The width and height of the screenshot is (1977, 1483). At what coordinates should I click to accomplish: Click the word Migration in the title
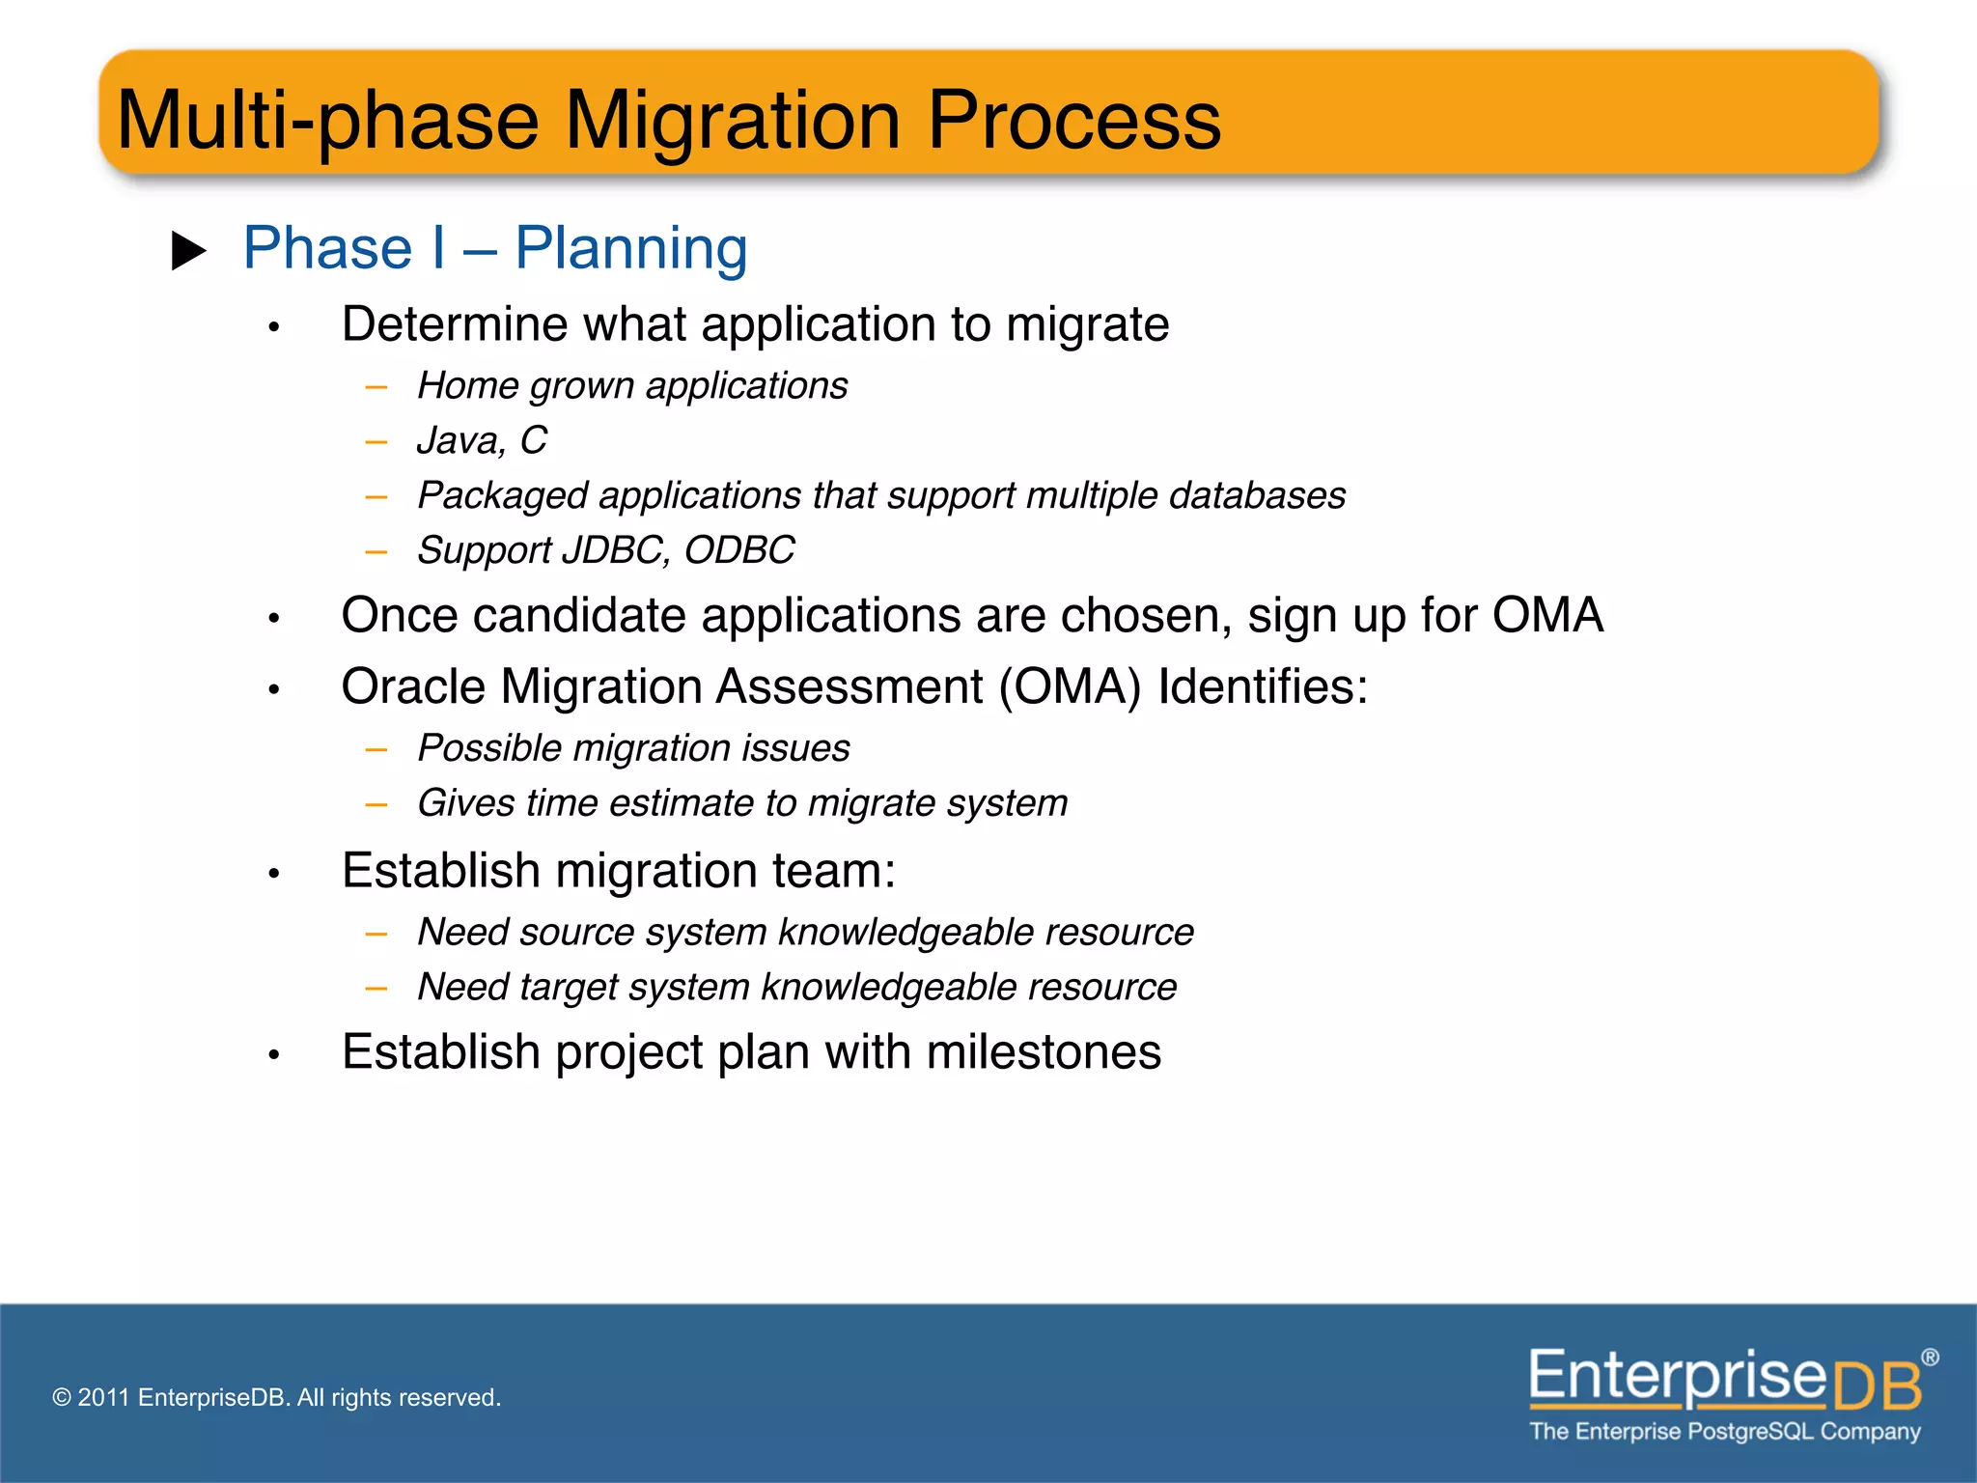point(733,121)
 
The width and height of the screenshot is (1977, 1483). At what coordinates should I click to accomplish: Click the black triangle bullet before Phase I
point(188,251)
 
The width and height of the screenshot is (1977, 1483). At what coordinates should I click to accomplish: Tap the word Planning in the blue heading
point(631,248)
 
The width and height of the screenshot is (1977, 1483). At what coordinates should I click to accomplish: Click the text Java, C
point(482,440)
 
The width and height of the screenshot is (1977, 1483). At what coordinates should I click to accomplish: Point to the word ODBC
point(739,550)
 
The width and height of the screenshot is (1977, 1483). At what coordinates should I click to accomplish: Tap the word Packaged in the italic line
point(502,496)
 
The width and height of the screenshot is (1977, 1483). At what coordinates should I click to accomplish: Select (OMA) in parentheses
point(1070,687)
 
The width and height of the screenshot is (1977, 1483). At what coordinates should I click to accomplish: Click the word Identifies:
point(1263,687)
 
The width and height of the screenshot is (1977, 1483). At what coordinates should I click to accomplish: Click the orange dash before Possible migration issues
point(376,749)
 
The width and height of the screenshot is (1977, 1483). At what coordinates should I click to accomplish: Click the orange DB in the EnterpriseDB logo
point(1876,1386)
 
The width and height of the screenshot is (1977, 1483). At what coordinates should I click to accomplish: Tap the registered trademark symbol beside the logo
point(1930,1357)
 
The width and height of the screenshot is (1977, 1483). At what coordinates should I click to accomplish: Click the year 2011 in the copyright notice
point(103,1398)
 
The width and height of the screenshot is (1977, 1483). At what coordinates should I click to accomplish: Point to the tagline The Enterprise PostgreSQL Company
point(1724,1432)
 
